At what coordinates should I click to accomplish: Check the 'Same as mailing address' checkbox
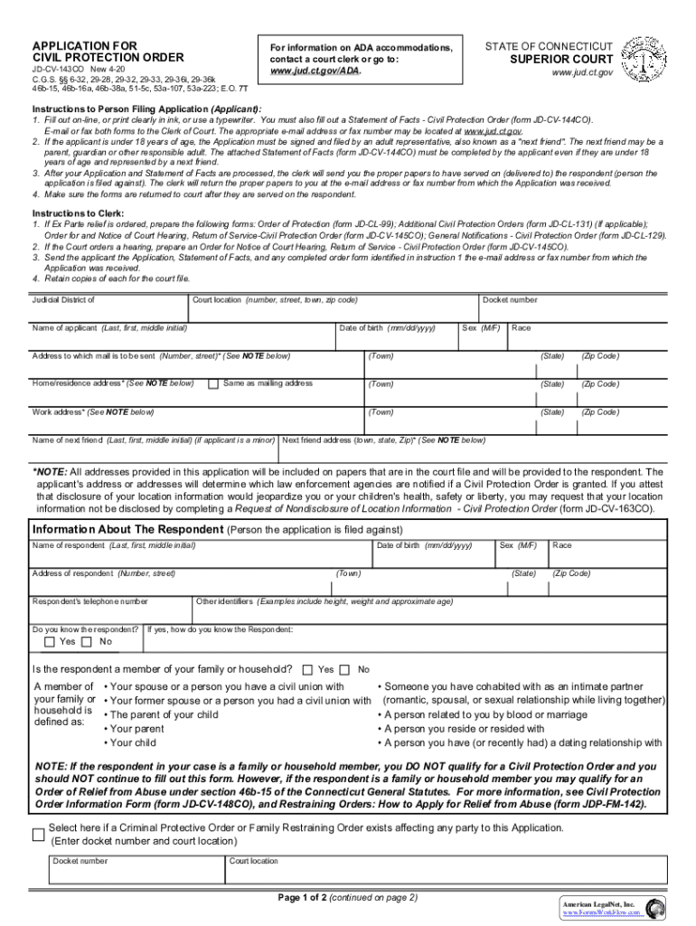pos(213,384)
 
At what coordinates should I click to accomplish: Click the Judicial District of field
pos(108,309)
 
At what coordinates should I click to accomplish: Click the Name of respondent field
pos(199,556)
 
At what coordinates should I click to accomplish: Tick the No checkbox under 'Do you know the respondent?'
pos(87,642)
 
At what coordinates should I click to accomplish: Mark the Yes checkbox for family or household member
pos(307,670)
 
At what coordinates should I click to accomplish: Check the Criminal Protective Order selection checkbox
pos(38,834)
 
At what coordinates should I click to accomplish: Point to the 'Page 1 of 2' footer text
pos(348,898)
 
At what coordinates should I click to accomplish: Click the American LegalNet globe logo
pos(655,908)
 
